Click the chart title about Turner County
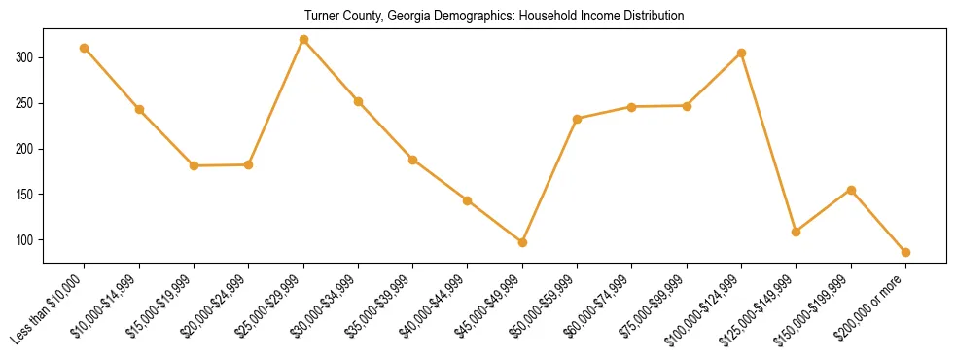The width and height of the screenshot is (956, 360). tap(494, 16)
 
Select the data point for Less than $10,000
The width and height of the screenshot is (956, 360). tap(85, 48)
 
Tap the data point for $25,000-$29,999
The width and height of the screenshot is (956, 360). tap(303, 40)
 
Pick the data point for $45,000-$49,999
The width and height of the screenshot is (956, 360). tap(522, 242)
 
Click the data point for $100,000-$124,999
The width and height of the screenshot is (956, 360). tap(741, 53)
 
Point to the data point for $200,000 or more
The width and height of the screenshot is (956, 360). tap(905, 252)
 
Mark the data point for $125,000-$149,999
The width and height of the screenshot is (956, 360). tap(796, 232)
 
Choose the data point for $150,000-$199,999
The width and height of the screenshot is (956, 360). tap(851, 190)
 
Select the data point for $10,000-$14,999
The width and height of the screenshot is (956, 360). tap(139, 109)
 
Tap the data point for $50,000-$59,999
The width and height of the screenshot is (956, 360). tap(577, 119)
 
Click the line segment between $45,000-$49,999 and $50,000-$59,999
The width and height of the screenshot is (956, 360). tap(549, 181)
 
